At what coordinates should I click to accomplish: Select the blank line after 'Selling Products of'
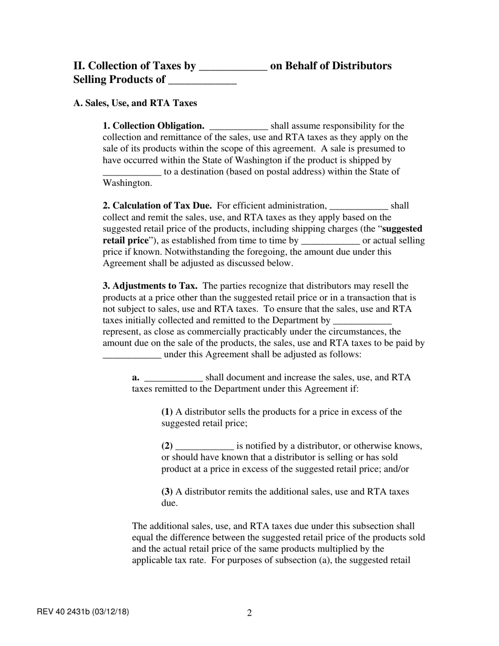pyautogui.click(x=202, y=81)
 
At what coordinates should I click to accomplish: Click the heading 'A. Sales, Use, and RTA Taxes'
pyautogui.click(x=135, y=103)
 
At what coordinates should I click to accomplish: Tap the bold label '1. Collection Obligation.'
pyautogui.click(x=153, y=126)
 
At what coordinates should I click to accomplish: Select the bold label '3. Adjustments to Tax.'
pyautogui.click(x=150, y=286)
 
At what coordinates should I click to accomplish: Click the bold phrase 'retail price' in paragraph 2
pyautogui.click(x=126, y=241)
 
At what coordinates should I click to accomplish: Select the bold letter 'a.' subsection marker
pyautogui.click(x=136, y=378)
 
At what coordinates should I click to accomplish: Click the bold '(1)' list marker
pyautogui.click(x=167, y=412)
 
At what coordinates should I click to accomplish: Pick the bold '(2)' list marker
pyautogui.click(x=167, y=446)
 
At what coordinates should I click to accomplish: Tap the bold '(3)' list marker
pyautogui.click(x=167, y=492)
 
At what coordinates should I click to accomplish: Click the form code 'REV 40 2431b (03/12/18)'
pyautogui.click(x=83, y=611)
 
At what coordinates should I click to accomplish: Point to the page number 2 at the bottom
pyautogui.click(x=250, y=613)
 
